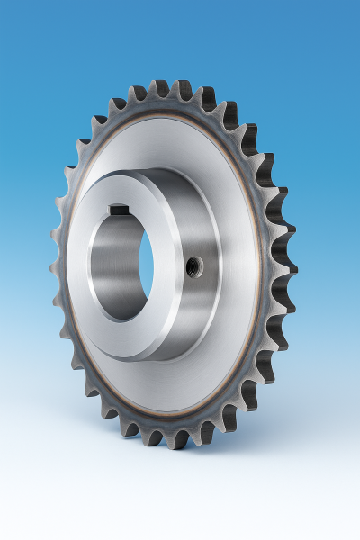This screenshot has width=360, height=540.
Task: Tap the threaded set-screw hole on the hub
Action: tap(193, 266)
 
